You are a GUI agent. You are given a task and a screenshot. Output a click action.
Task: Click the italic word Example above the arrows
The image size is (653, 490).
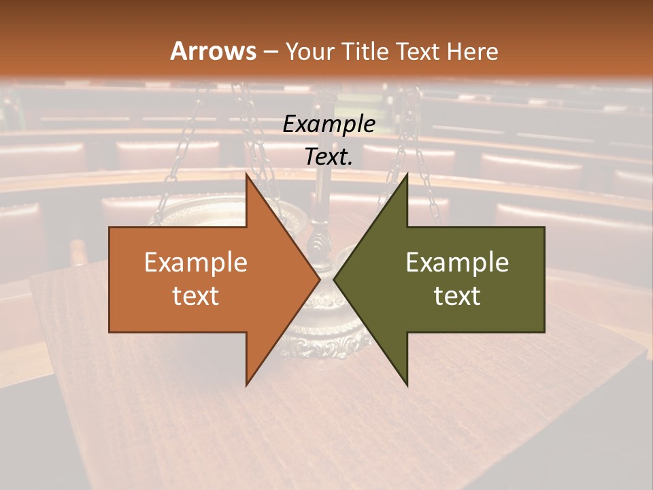pos(329,125)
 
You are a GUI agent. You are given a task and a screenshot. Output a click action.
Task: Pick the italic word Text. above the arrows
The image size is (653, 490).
pos(329,157)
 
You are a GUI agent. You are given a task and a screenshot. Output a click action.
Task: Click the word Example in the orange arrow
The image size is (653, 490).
pos(195,263)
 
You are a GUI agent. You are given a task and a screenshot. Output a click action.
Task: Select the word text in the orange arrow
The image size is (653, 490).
pos(195,295)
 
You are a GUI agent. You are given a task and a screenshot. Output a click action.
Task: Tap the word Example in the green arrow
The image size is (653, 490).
pos(457,263)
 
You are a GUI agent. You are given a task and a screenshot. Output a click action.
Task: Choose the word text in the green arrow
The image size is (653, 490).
pos(457,295)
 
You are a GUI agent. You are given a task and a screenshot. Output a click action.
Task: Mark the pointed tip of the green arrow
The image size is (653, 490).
pos(335,280)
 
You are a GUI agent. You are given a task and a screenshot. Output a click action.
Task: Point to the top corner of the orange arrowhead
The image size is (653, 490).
pos(247,175)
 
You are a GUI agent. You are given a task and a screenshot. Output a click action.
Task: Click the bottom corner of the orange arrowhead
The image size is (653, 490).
pos(247,384)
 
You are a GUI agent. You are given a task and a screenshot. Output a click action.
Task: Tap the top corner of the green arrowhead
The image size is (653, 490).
pos(406,175)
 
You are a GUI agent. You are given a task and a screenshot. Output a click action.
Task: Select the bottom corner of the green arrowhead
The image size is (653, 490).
pos(406,384)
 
